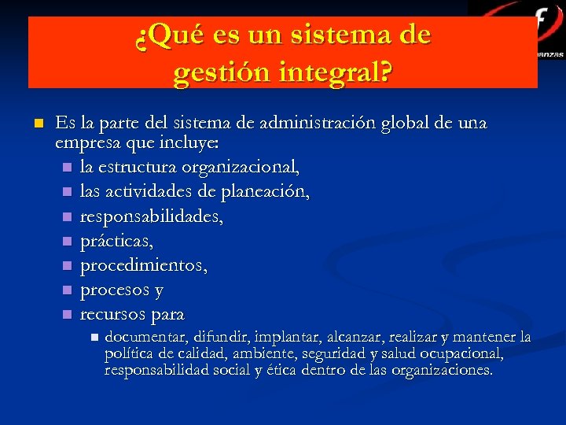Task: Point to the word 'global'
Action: (407, 124)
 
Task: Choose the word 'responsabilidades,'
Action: (152, 216)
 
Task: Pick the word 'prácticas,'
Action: (116, 241)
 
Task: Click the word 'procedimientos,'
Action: (144, 265)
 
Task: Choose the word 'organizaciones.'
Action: (443, 369)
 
